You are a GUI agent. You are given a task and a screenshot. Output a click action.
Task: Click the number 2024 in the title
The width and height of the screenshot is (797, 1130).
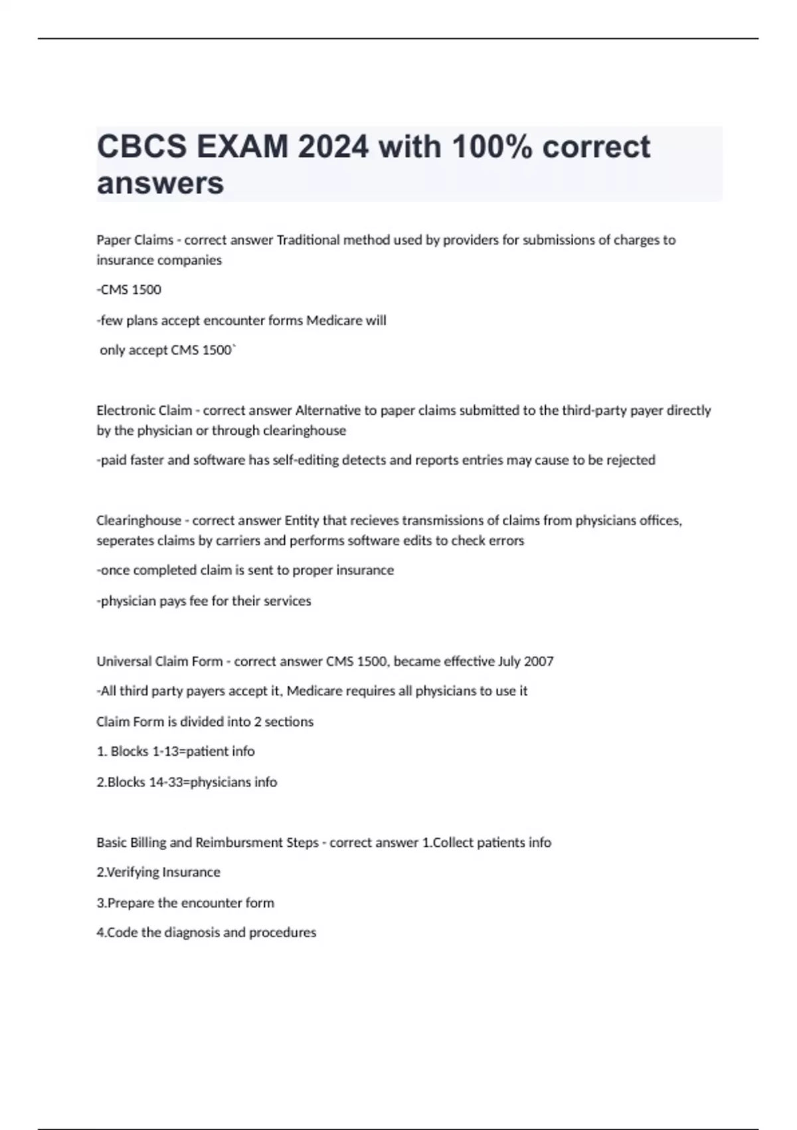coord(333,146)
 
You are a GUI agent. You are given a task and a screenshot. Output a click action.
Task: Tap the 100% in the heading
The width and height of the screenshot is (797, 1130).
coord(491,146)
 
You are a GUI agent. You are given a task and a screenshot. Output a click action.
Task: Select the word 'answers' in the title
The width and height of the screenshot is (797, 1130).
coord(160,183)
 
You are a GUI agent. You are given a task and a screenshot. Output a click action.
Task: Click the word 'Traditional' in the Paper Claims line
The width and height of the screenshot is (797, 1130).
coord(308,240)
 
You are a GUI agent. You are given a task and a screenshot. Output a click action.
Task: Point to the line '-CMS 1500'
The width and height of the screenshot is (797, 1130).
coord(129,290)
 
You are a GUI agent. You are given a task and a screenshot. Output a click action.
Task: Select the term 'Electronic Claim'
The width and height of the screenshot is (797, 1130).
coord(144,410)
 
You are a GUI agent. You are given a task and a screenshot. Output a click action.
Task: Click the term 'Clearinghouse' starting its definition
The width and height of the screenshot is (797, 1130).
coord(138,520)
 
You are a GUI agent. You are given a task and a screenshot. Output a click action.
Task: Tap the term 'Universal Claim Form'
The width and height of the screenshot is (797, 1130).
coord(159,661)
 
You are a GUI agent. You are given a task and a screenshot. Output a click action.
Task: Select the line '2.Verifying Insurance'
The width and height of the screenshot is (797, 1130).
coord(158,872)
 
